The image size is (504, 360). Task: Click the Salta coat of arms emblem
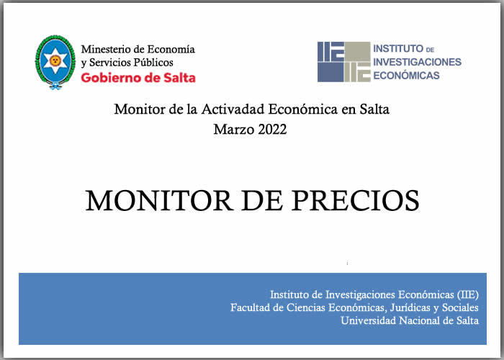tap(55, 62)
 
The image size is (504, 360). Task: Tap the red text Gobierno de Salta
tap(138, 78)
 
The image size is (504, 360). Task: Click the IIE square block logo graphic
tap(344, 62)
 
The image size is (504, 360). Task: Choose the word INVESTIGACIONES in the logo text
tap(417, 62)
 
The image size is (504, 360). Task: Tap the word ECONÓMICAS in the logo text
tap(406, 75)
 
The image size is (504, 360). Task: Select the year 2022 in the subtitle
tap(272, 130)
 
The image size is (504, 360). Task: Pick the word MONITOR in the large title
tap(159, 201)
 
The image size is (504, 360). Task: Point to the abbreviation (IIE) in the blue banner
tap(467, 294)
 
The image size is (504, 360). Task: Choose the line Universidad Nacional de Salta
tap(410, 320)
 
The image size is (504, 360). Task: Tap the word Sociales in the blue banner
tap(460, 307)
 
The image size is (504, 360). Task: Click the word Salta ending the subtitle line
tap(374, 109)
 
